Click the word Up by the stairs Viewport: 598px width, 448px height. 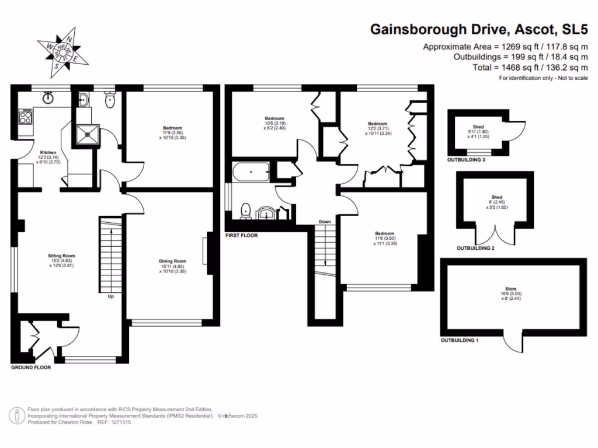coord(110,296)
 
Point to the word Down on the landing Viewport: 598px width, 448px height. coord(325,222)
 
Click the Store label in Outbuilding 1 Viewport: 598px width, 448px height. coord(513,294)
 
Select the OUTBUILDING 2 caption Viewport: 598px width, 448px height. coord(475,248)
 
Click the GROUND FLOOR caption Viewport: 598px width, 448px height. coord(31,368)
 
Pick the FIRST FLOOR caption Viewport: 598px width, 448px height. coord(242,236)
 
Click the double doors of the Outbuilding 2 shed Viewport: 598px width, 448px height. coord(496,235)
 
